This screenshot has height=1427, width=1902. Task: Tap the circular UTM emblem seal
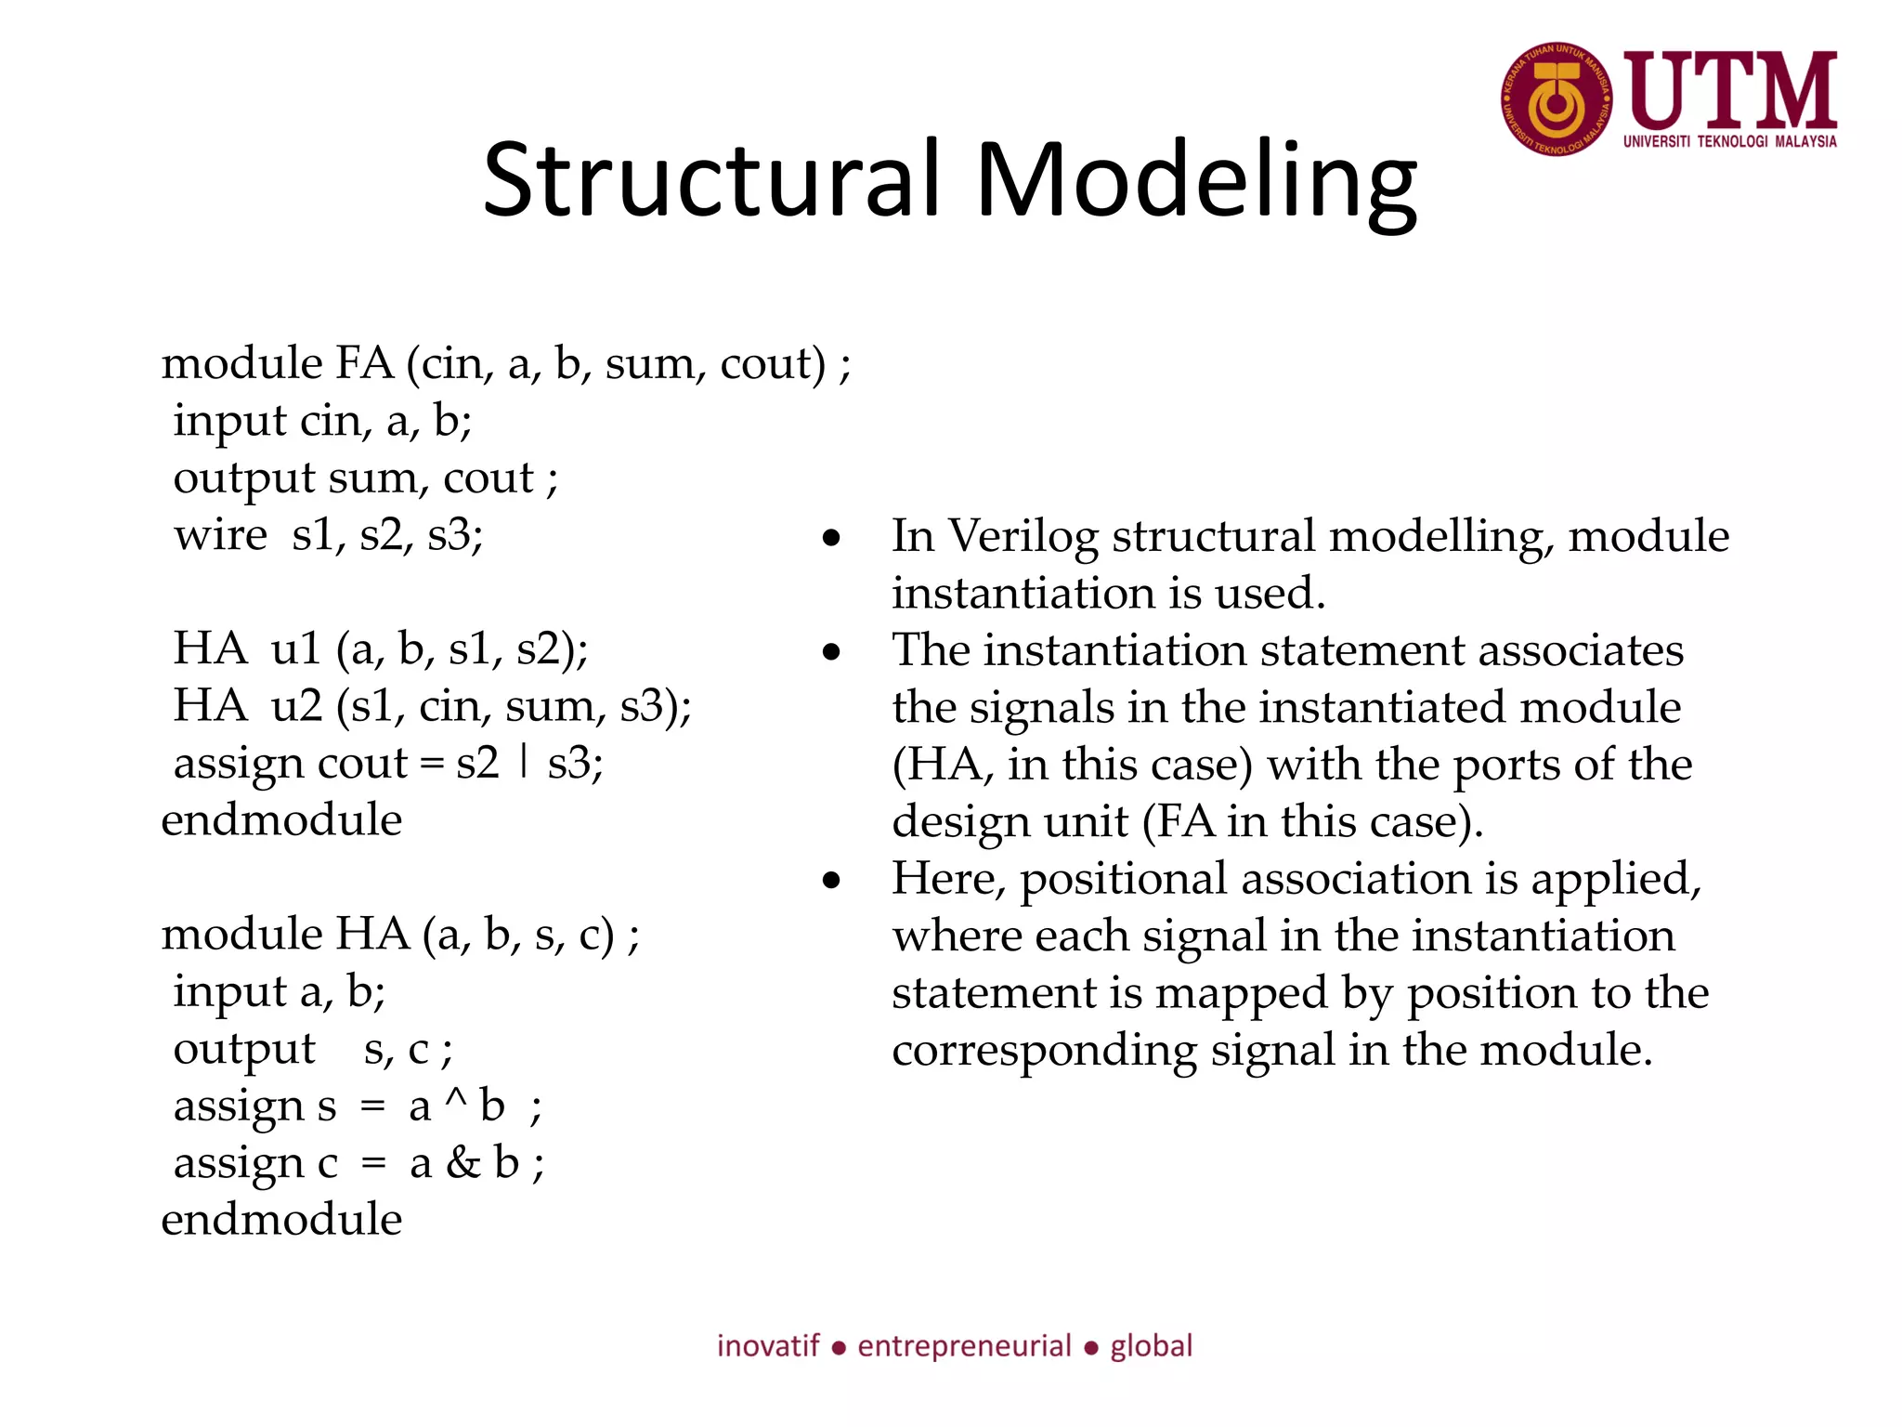(x=1557, y=98)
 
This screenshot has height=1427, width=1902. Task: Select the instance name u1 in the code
(x=295, y=648)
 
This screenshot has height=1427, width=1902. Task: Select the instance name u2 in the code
(x=296, y=706)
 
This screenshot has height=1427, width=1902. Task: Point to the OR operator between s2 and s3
(x=525, y=762)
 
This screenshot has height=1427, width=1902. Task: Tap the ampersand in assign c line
(x=462, y=1163)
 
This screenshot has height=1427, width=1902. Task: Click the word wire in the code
(x=220, y=535)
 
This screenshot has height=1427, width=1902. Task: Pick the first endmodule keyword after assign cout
(x=281, y=820)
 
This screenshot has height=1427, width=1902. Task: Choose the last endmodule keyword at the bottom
(x=281, y=1220)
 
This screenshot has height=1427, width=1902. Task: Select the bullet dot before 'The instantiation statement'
(x=831, y=652)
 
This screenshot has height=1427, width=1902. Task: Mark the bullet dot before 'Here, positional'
(x=831, y=881)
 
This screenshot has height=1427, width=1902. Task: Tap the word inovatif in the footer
(x=768, y=1346)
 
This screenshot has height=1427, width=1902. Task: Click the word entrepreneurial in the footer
(x=964, y=1346)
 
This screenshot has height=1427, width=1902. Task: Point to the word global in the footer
(x=1152, y=1346)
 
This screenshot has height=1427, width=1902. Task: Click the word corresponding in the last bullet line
(x=1044, y=1051)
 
